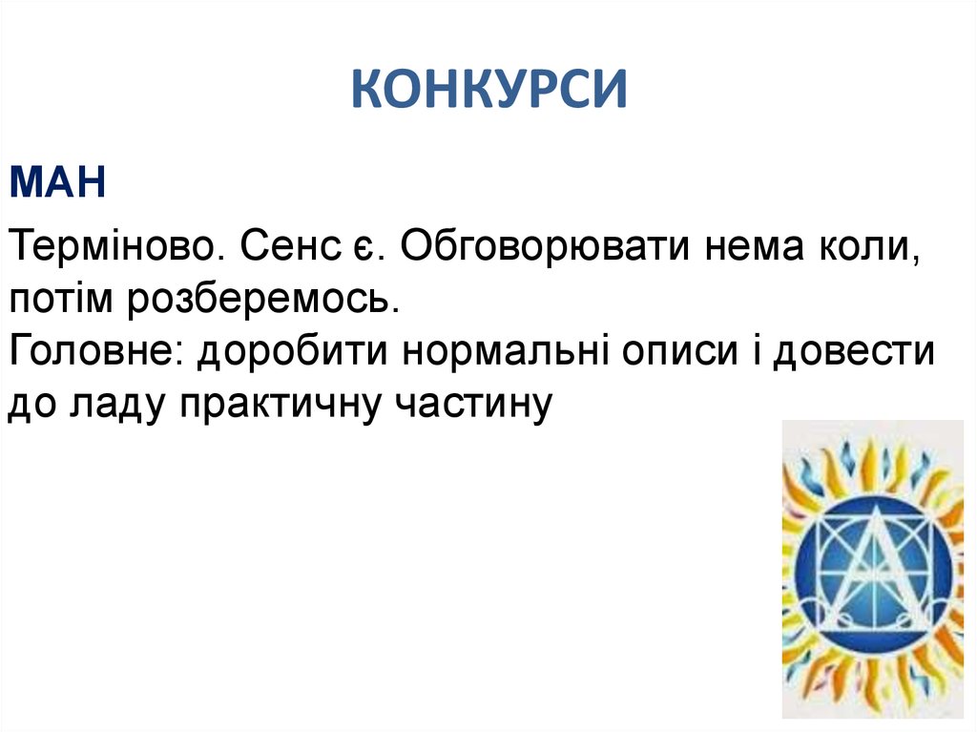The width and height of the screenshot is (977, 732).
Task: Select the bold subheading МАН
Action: pyautogui.click(x=57, y=180)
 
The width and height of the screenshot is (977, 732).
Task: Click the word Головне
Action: pyautogui.click(x=96, y=354)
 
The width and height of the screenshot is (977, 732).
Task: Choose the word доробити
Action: pyautogui.click(x=296, y=354)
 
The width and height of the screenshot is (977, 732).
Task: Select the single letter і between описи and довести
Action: pyautogui.click(x=753, y=354)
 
